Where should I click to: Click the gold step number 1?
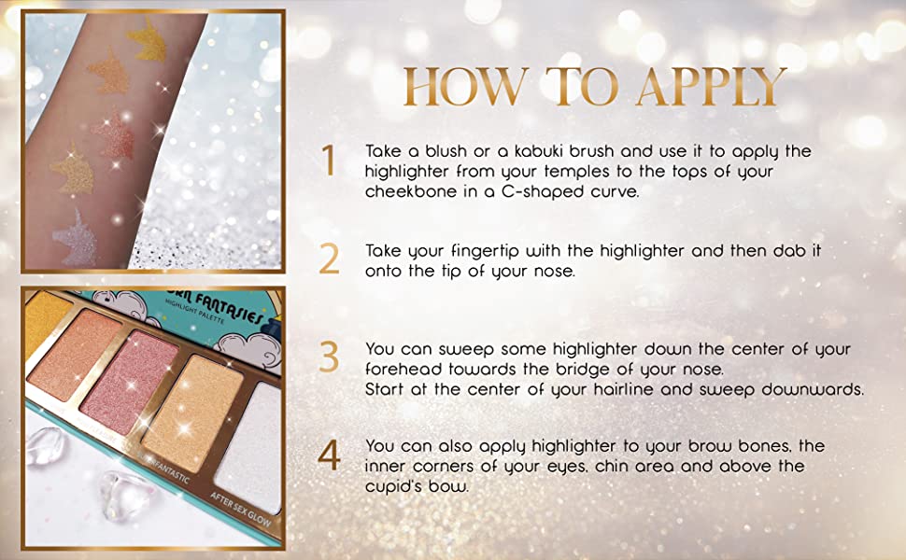(x=329, y=160)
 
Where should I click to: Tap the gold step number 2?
(x=329, y=259)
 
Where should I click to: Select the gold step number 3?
(x=329, y=357)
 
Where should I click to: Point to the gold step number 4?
(x=329, y=455)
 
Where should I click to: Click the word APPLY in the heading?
(x=711, y=87)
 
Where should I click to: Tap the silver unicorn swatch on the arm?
(x=75, y=237)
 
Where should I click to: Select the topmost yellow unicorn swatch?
(x=148, y=39)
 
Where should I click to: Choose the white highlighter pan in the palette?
(x=249, y=444)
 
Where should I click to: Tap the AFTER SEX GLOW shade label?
(x=240, y=510)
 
